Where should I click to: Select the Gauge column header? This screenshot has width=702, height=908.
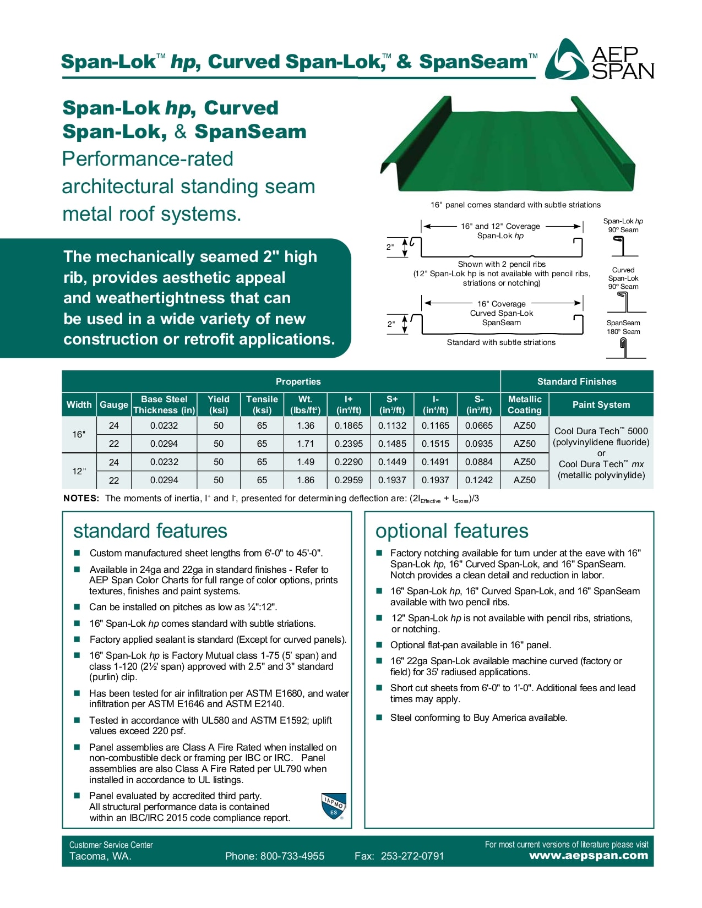113,404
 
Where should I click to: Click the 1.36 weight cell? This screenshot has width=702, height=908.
306,425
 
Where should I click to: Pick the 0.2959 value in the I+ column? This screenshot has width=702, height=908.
349,480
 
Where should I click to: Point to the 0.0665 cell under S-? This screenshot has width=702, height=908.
479,425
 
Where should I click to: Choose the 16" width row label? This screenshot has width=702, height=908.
79,435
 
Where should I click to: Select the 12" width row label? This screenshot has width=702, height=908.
79,471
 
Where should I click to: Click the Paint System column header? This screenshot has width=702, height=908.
601,404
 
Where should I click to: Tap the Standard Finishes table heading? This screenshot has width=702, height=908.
576,381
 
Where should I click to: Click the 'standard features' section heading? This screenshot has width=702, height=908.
150,531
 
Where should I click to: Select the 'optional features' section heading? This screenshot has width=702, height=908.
451,531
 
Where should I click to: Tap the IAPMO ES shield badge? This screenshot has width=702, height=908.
334,806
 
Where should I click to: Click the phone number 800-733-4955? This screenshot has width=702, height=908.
292,856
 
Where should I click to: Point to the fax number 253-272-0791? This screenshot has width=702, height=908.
412,856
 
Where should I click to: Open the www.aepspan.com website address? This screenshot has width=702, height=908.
588,856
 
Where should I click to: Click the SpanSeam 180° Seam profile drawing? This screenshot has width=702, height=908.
624,348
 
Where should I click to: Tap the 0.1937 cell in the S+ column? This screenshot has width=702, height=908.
392,480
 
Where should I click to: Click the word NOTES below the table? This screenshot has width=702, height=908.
81,499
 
